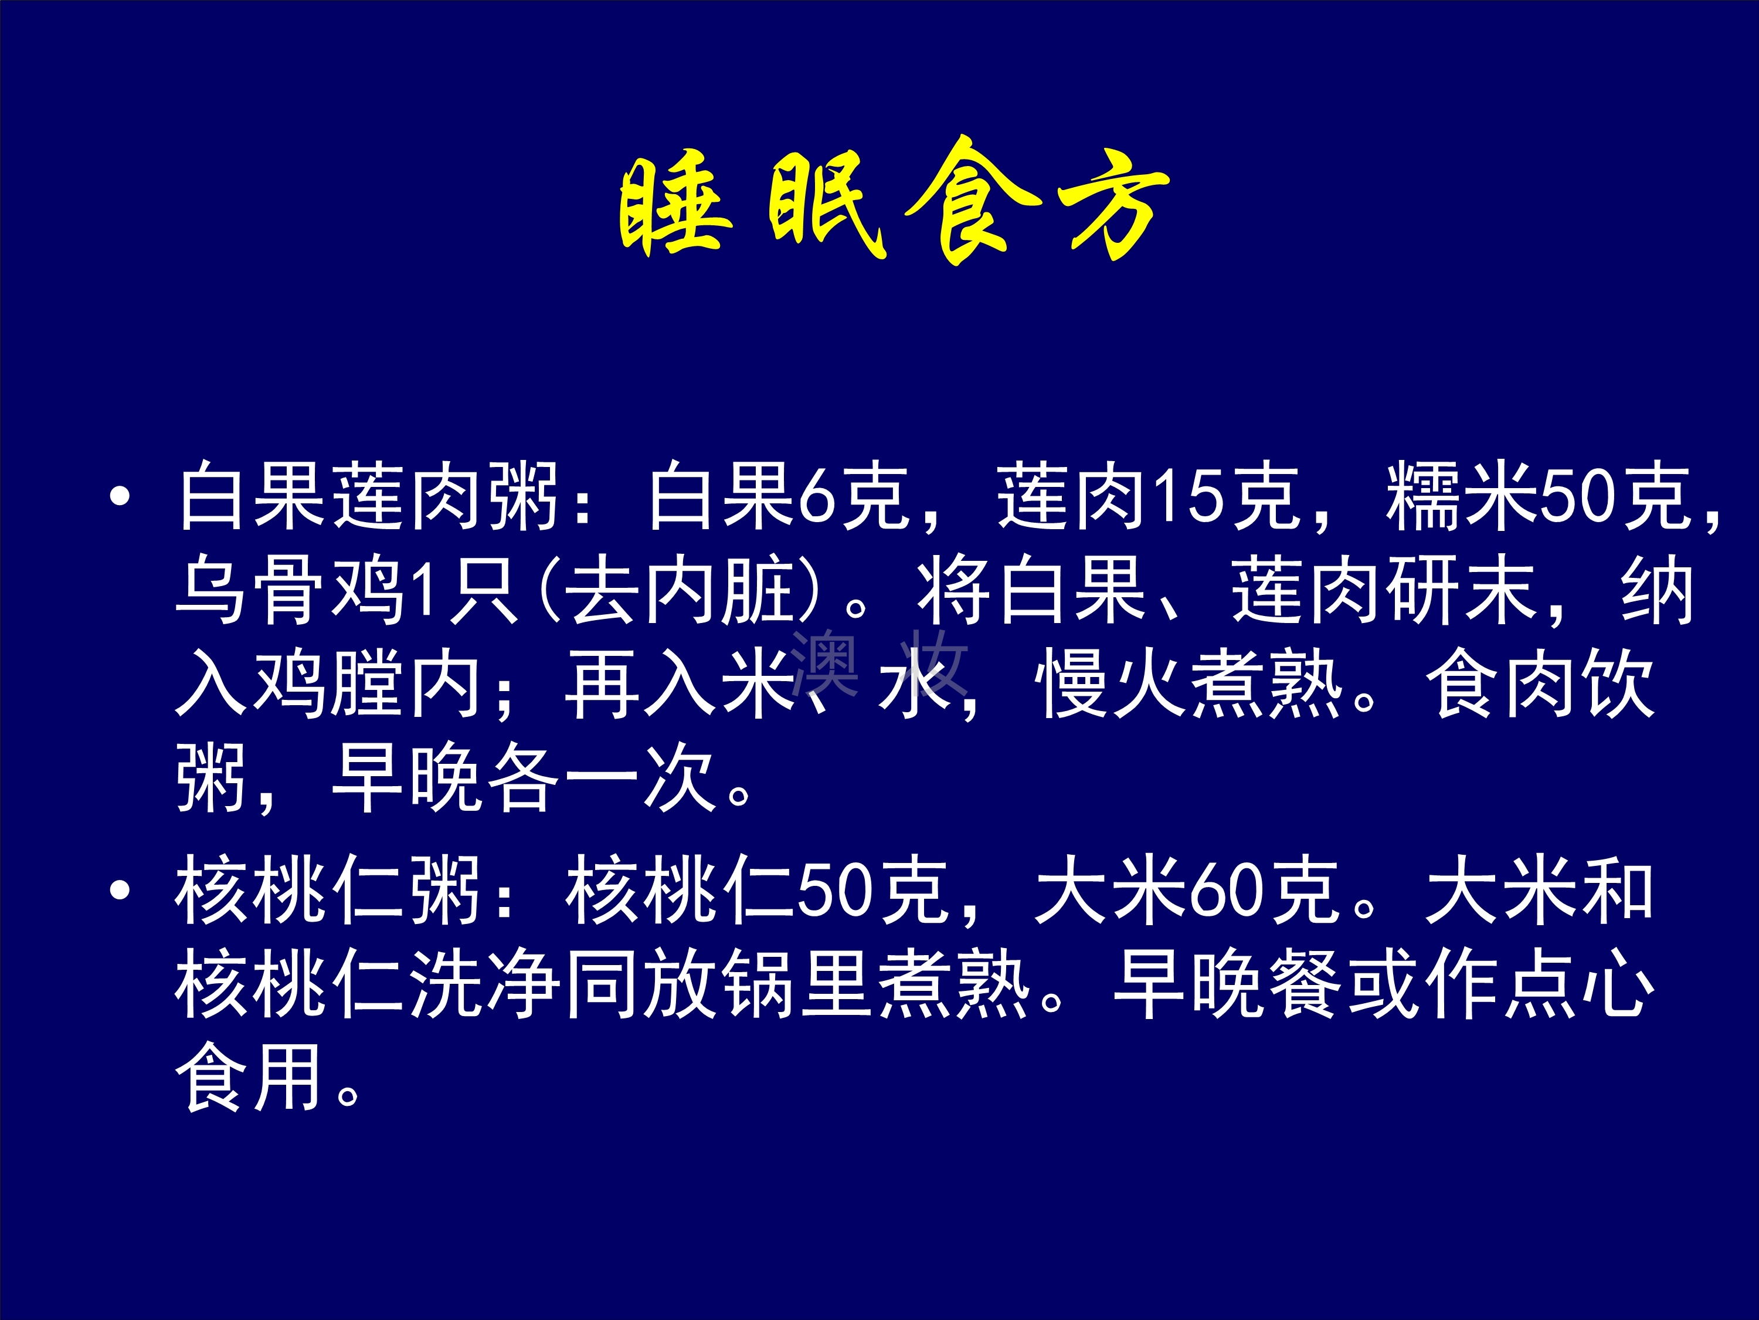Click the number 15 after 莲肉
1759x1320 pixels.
coord(1187,497)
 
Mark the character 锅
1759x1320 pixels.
coord(759,985)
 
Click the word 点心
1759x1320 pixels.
coord(1579,985)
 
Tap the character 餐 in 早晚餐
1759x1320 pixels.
coord(1306,985)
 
